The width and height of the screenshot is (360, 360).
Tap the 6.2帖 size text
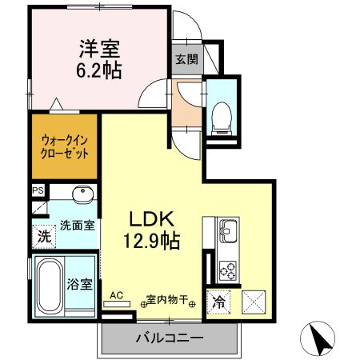pyautogui.click(x=100, y=70)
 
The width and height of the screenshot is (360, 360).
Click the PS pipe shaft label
pyautogui.click(x=37, y=190)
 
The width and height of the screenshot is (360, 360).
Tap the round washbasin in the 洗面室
pyautogui.click(x=81, y=196)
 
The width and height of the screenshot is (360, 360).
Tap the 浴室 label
pyautogui.click(x=81, y=283)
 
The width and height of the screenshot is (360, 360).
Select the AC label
pyautogui.click(x=115, y=296)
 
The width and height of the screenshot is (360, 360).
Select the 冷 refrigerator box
pyautogui.click(x=218, y=302)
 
